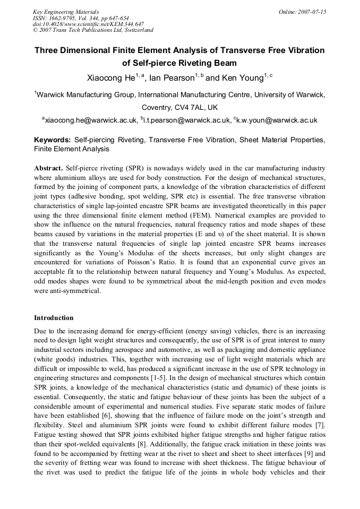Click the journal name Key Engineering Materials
(66, 12)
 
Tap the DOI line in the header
(88, 24)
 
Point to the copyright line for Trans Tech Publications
(93, 30)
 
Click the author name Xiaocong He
(110, 78)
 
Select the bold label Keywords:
(53, 141)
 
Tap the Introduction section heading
(54, 318)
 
